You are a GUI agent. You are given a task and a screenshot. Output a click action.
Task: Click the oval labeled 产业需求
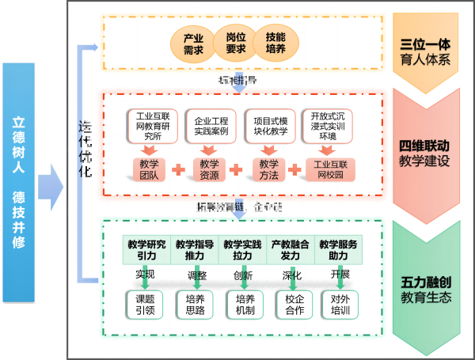point(194,43)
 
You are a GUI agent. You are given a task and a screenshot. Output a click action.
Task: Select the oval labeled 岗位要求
point(236,43)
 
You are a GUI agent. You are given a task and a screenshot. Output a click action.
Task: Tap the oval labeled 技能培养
point(276,43)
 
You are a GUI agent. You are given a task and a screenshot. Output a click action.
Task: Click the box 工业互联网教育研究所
point(149,126)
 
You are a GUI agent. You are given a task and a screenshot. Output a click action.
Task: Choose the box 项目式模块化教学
point(270,126)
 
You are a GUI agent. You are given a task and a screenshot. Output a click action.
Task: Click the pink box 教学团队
point(149,169)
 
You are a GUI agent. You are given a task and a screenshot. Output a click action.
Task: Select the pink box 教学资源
point(210,169)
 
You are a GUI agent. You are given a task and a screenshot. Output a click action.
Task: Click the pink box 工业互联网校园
point(331,169)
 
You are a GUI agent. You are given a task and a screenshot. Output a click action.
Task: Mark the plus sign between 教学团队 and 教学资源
point(179,169)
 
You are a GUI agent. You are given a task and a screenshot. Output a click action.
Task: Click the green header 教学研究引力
point(146,250)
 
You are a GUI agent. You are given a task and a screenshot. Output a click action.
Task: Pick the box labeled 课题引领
point(146,305)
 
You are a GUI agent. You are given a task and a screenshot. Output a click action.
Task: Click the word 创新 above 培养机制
point(242,275)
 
